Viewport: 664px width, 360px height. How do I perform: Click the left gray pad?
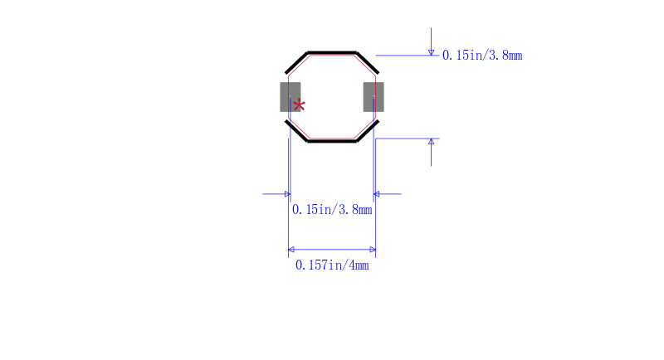(x=290, y=97)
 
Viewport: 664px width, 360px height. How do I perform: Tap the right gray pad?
(x=373, y=97)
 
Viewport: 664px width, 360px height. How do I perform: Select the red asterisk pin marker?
(x=300, y=105)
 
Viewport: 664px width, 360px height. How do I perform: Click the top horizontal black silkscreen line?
(x=332, y=51)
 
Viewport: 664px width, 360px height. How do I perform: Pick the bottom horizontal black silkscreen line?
(x=332, y=141)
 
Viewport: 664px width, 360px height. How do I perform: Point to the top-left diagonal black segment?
(x=297, y=62)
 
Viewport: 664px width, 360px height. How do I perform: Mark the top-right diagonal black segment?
(x=367, y=62)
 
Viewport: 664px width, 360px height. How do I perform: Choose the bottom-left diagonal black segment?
(x=297, y=131)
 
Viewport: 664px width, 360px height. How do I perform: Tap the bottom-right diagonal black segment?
(x=367, y=131)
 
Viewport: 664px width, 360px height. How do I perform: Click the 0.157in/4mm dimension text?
(x=332, y=265)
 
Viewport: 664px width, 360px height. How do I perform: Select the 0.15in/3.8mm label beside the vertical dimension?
(x=482, y=56)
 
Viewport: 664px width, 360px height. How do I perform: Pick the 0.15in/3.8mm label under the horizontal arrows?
(x=332, y=210)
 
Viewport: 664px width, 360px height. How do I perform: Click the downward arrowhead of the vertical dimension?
(x=431, y=52)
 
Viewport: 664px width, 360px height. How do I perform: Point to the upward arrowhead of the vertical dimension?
(x=431, y=142)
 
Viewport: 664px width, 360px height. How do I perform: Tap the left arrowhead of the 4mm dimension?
(x=291, y=249)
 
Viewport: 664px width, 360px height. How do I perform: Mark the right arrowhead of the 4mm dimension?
(x=372, y=249)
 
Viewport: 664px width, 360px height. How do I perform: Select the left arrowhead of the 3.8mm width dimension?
(x=286, y=194)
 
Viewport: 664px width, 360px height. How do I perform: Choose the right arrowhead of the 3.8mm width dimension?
(x=377, y=194)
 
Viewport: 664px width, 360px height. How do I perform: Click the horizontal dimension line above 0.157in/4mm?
(x=332, y=249)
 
